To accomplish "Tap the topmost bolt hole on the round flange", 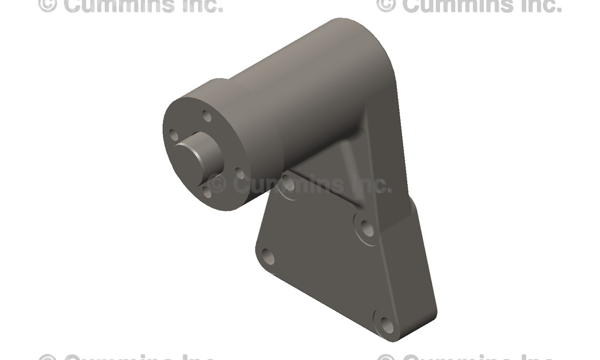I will pyautogui.click(x=207, y=116).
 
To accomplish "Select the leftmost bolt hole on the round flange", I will pyautogui.click(x=173, y=135).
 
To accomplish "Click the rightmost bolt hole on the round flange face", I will pyautogui.click(x=240, y=174).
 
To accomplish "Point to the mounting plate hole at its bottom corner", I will pyautogui.click(x=386, y=323).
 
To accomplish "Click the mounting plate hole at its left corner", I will pyautogui.click(x=268, y=256).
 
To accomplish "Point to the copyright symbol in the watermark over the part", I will pyautogui.click(x=217, y=184).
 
